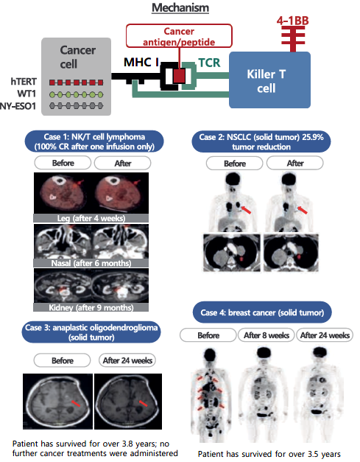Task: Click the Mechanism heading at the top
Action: coord(180,8)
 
